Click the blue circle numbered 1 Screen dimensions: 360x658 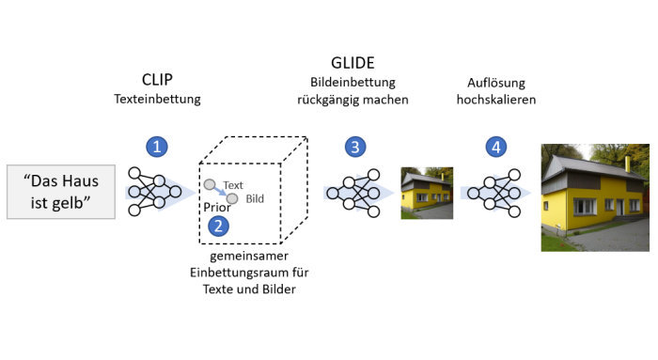[x=158, y=146]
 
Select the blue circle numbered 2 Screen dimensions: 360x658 [x=217, y=225]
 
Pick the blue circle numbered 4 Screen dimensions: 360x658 [x=495, y=146]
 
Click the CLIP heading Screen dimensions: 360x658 [x=157, y=79]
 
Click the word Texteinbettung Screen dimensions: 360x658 [x=158, y=98]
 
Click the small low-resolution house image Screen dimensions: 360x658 [x=427, y=193]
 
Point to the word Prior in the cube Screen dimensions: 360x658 [x=217, y=208]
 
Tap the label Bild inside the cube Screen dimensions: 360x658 [x=255, y=198]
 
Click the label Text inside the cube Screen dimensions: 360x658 [x=233, y=185]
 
